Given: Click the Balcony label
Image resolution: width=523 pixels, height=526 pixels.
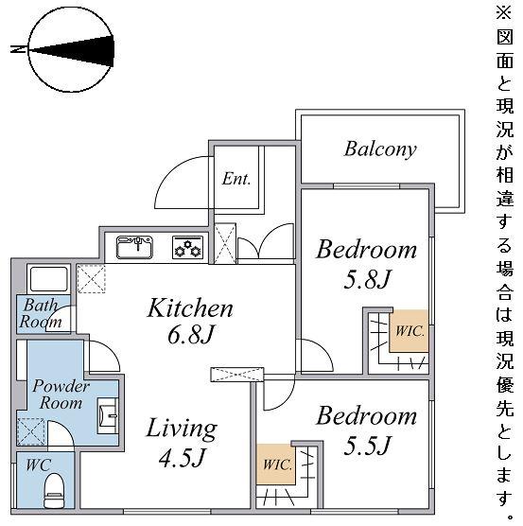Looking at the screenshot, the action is coord(380,149).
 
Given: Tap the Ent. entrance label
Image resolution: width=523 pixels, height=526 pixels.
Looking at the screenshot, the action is coord(236,179).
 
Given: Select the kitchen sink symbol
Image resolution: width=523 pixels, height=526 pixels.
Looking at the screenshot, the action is coord(134,247).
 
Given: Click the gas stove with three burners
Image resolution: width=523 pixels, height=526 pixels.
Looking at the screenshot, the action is coord(188,248).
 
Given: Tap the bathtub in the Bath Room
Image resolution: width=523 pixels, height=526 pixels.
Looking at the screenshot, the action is coord(49,279).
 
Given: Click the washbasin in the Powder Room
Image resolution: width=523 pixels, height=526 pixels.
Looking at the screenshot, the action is coord(108,415).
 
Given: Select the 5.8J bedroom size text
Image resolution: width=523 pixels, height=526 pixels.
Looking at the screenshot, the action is coord(367,279).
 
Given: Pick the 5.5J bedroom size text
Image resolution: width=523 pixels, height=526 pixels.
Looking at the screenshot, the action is coord(367,445).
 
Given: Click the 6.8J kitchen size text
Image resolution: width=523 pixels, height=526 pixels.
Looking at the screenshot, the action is coord(190,334).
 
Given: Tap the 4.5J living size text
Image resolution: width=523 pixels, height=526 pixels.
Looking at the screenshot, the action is coord(182,458).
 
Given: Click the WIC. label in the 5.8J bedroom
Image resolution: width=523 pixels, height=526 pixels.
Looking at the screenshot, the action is coord(410,331).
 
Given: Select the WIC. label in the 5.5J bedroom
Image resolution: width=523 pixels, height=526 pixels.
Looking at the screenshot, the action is coord(278,465).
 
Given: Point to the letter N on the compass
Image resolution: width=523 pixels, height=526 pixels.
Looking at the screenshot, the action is coord(18,49).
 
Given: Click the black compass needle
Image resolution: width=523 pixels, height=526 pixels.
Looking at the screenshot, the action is coord(72,51).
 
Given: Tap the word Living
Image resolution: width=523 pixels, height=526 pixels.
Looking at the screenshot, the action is coord(182,429).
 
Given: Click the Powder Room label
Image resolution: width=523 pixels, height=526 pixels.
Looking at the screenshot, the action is coord(61,394).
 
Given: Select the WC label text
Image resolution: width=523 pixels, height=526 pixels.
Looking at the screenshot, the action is coord(39,465).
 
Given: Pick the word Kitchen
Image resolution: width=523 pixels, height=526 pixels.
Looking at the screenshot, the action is coord(190,307).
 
